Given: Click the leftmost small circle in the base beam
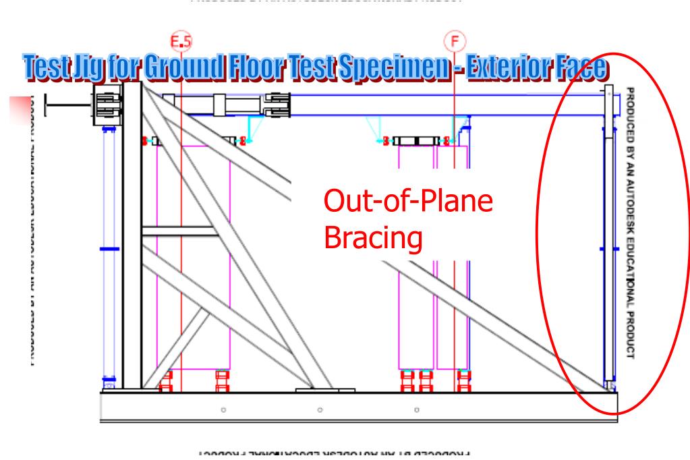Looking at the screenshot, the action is [223, 409].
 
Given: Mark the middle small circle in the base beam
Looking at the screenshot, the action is [320, 409].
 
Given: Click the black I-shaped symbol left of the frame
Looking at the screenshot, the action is [64, 105].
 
